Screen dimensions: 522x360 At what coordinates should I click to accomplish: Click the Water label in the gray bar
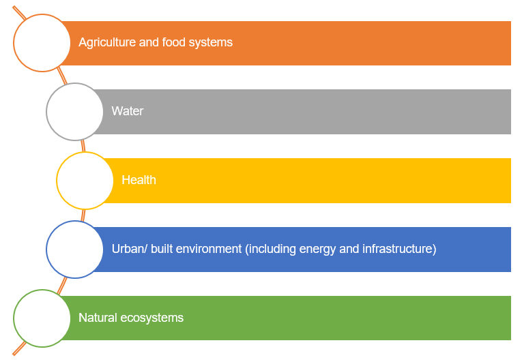tap(128, 111)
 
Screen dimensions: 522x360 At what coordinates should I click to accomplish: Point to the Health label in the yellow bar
tap(139, 180)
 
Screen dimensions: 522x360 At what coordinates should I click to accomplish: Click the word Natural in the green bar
tap(98, 318)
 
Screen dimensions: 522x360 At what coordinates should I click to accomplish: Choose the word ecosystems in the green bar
tap(151, 318)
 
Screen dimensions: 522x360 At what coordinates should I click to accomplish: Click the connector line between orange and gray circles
tap(62, 76)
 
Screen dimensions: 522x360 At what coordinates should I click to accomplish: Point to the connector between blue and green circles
tap(62, 286)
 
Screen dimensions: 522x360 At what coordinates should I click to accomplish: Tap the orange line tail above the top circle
tap(19, 13)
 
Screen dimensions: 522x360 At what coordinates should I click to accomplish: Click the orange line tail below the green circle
tap(19, 348)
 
